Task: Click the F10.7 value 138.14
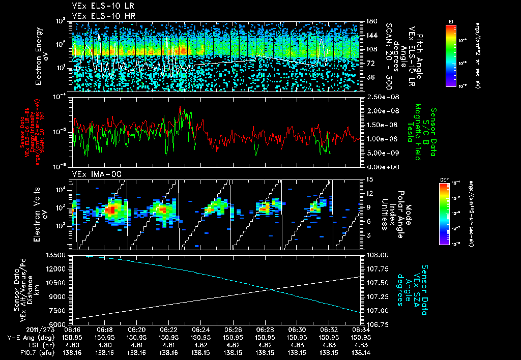[360, 351]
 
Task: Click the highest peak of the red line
[180, 107]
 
